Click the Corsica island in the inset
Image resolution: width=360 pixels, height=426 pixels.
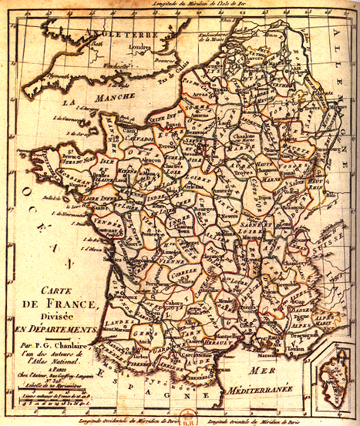click(x=333, y=382)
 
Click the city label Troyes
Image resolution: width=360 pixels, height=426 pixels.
click(x=238, y=155)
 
